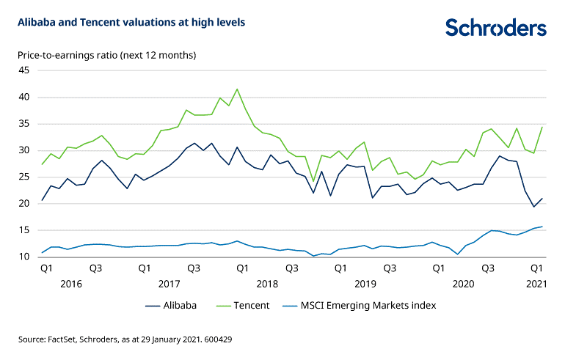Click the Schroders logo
[x=496, y=28]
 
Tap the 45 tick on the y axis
[x=23, y=70]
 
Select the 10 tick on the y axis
[x=23, y=257]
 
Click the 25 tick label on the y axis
[x=23, y=177]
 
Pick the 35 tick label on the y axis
[x=23, y=124]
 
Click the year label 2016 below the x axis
[x=70, y=283]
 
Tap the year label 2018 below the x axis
[x=267, y=283]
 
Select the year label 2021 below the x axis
[x=536, y=283]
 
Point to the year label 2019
[x=365, y=283]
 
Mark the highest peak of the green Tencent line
[x=237, y=89]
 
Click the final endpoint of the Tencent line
[x=542, y=128]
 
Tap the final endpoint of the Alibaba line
[x=542, y=198]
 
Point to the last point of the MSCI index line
[x=542, y=227]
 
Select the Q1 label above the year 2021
[x=536, y=268]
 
